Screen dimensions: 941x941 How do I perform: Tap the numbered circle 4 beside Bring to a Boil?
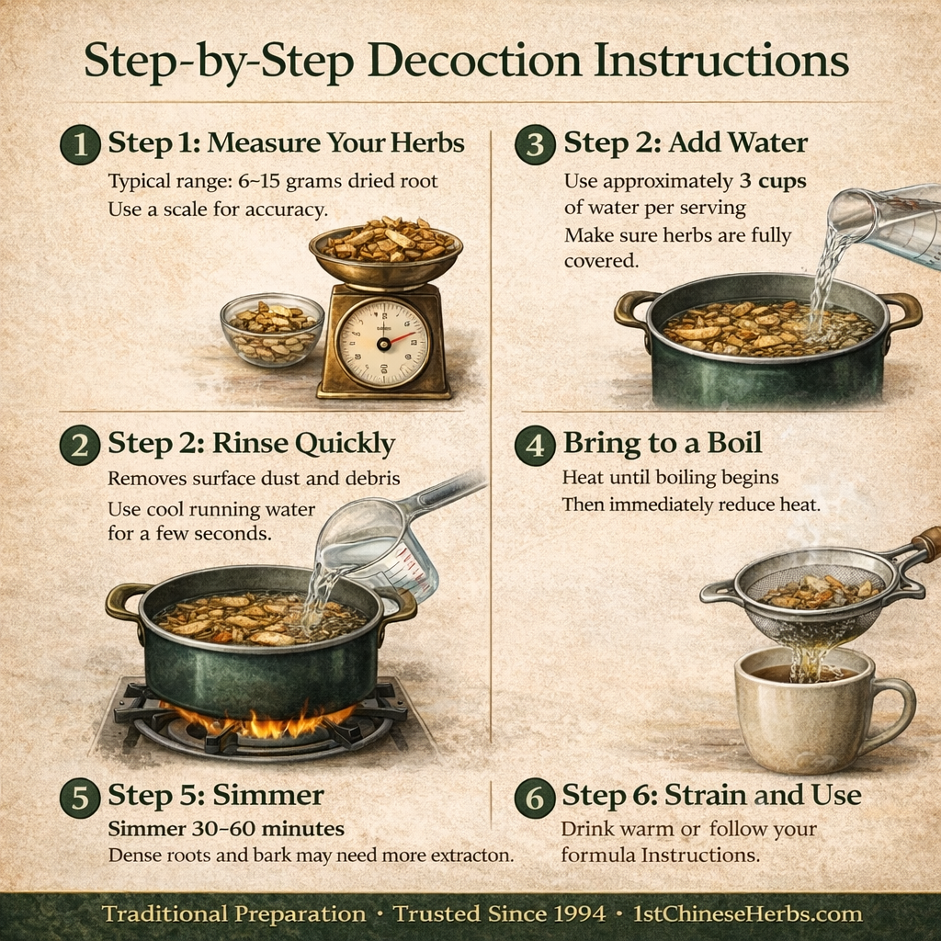pos(535,445)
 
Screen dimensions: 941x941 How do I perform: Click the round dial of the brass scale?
pos(382,342)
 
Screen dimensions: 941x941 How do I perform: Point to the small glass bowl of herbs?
pos(272,328)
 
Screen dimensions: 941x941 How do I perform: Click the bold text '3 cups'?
pos(772,181)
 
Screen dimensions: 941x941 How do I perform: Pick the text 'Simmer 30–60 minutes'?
pos(226,829)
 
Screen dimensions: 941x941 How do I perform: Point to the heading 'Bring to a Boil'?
pos(662,443)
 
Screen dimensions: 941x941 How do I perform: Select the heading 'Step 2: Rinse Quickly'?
pos(251,444)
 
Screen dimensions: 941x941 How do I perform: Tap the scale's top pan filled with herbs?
pos(386,244)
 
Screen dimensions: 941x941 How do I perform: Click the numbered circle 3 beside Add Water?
pos(535,145)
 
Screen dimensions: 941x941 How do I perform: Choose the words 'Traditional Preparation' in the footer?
pos(233,914)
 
